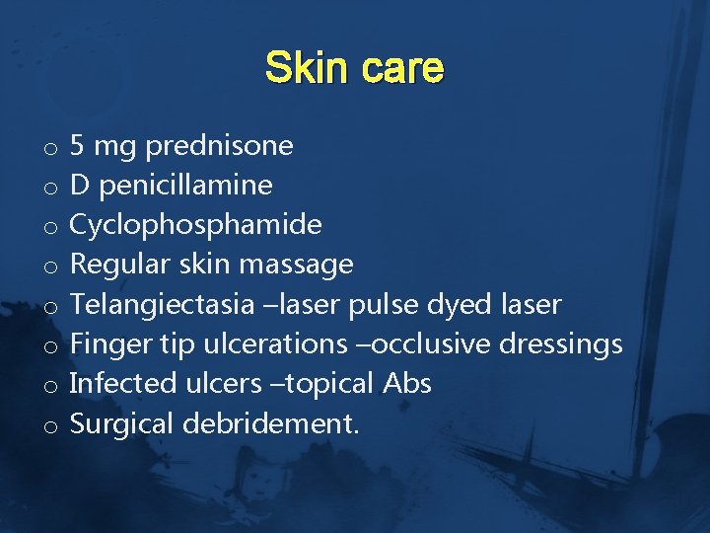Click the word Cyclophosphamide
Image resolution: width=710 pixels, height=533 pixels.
coord(196,225)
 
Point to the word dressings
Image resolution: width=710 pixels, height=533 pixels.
coord(561,343)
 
